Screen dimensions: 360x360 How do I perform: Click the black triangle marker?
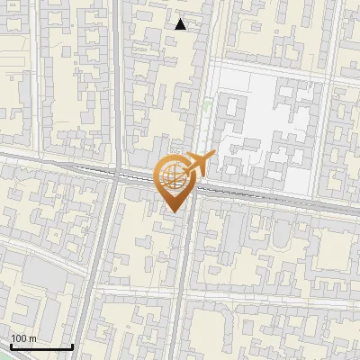[181, 24]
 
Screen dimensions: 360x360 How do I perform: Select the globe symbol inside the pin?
[171, 177]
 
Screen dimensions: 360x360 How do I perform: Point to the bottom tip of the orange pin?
[171, 212]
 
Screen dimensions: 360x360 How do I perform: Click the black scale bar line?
[40, 346]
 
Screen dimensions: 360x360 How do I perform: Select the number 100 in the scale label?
[20, 338]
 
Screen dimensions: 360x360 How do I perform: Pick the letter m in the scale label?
[33, 338]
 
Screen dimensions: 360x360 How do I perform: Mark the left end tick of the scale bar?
[10, 346]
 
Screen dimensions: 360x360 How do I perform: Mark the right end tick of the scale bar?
[72, 346]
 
